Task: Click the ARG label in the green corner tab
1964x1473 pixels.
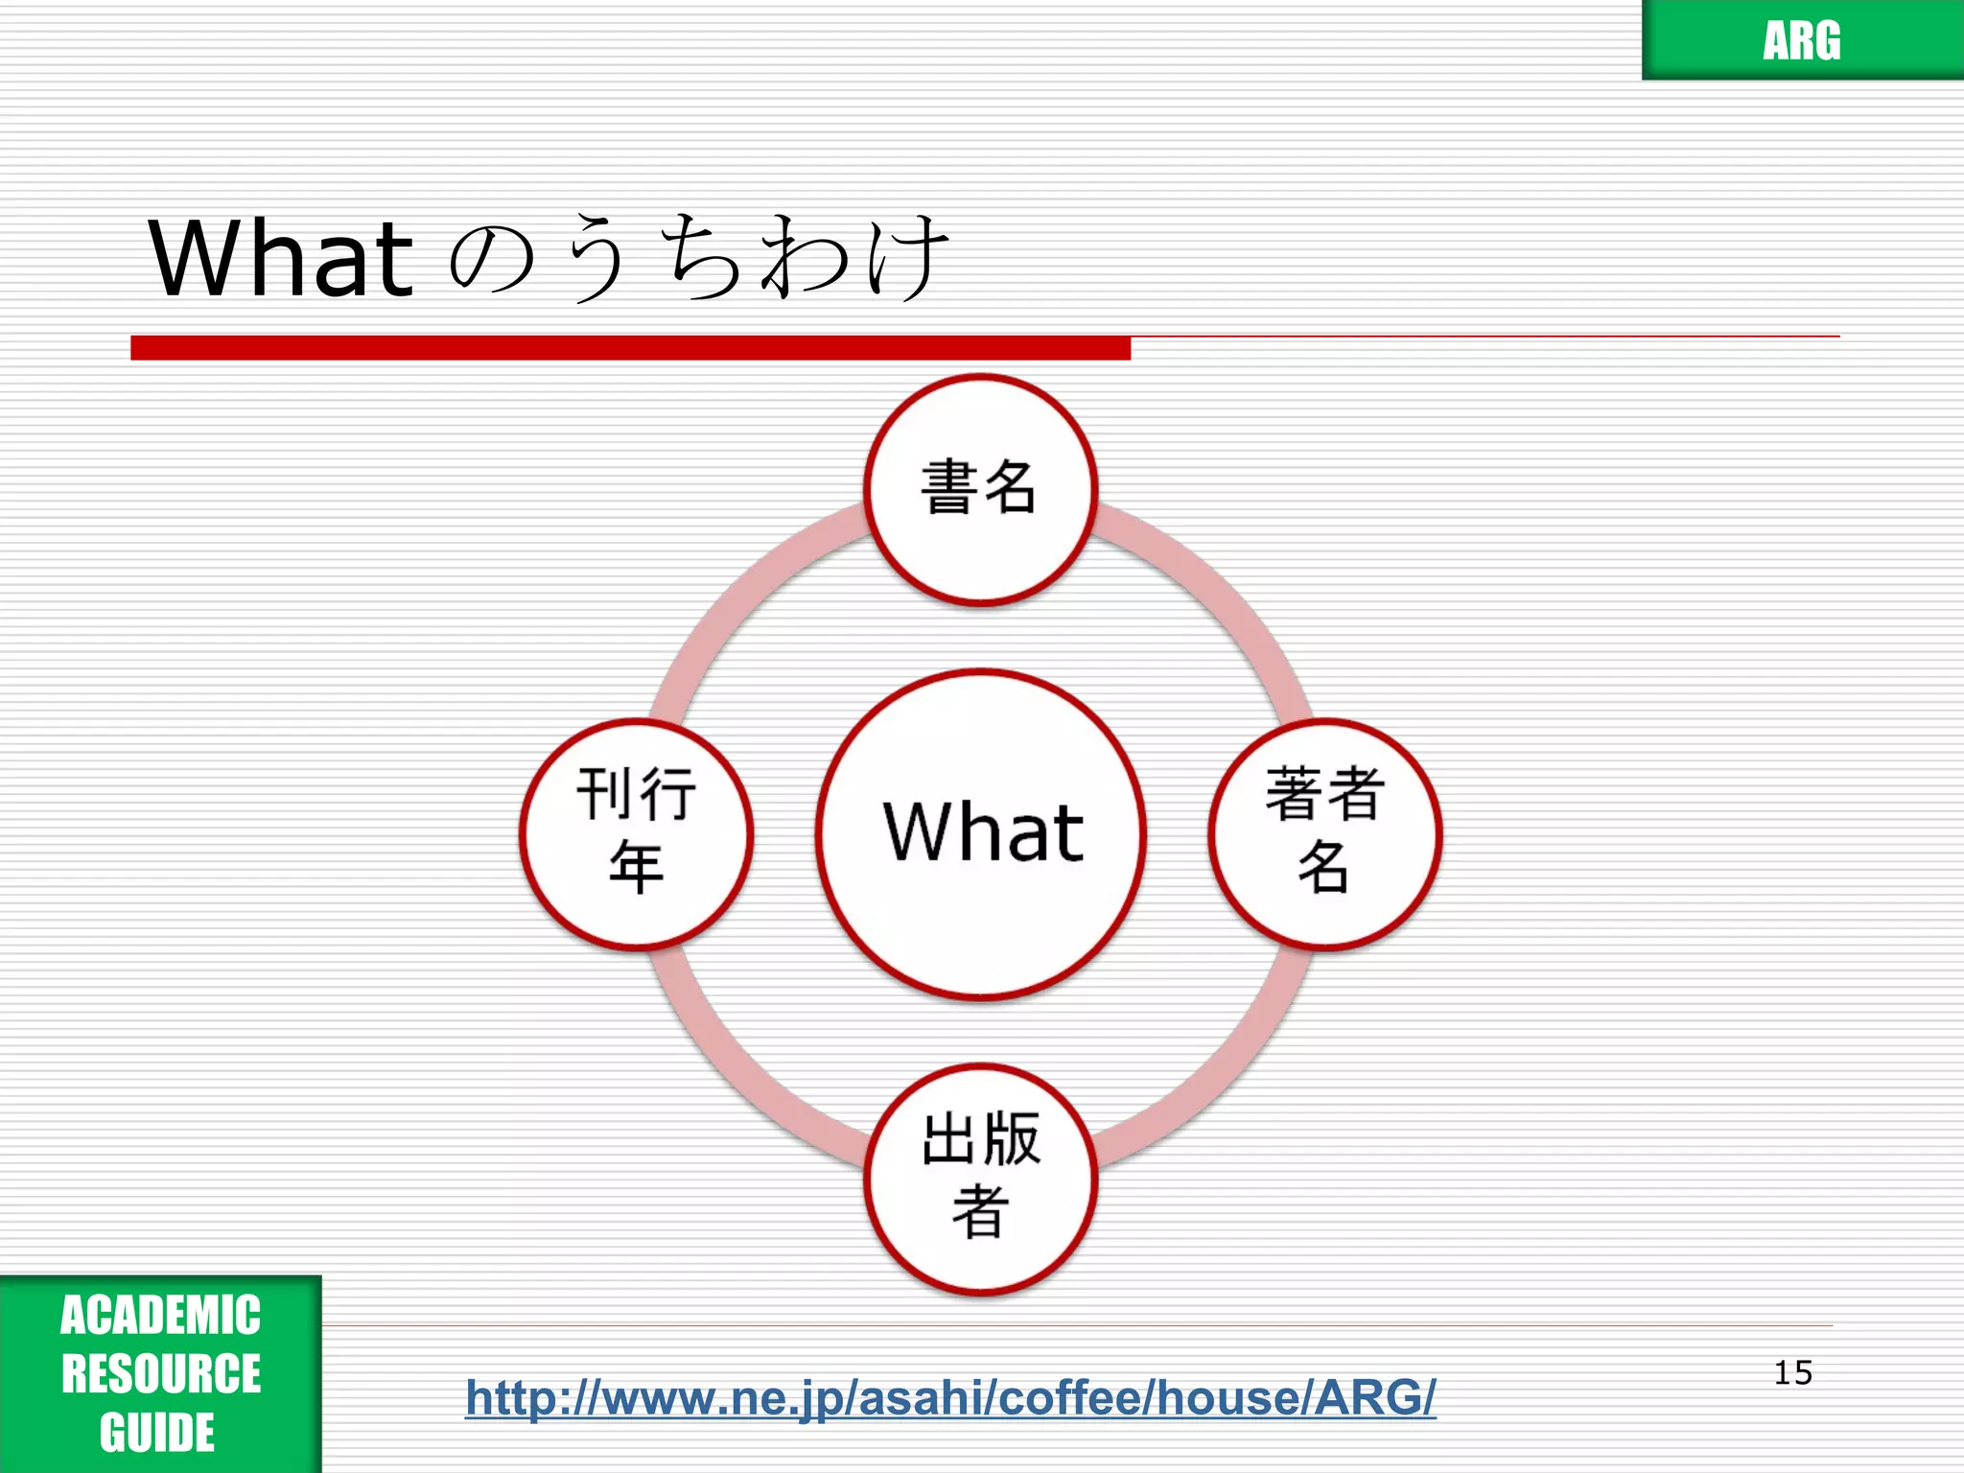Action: pos(1801,40)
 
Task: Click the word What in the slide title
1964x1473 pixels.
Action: pos(281,258)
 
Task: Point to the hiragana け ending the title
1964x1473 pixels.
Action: pos(906,257)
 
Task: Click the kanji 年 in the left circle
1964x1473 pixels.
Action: pos(636,867)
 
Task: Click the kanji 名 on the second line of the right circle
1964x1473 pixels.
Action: pos(1324,867)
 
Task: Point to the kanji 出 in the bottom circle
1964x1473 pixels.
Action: pos(949,1139)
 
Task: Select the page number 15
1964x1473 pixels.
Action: pos(1792,1372)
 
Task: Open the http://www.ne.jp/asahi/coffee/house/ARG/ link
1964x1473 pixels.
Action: pos(950,1397)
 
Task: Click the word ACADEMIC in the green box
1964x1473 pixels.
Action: pos(160,1315)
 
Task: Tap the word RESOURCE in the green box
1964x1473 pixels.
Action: pos(160,1373)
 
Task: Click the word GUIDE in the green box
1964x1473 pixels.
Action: pos(157,1433)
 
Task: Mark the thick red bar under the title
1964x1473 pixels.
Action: pos(630,348)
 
